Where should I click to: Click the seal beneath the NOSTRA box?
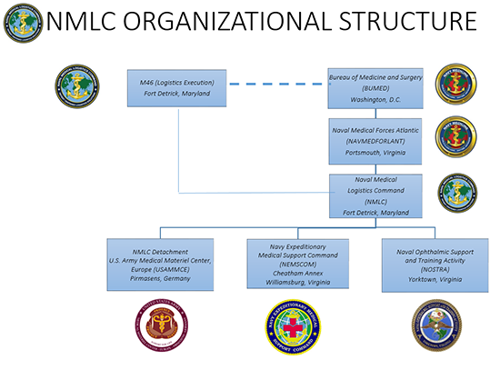(x=435, y=330)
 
